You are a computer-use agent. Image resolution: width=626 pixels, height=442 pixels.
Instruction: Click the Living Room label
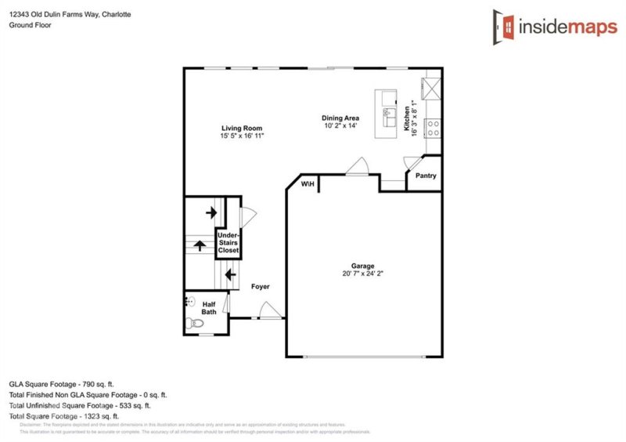point(241,128)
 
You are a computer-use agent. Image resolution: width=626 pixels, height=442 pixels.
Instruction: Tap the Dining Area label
point(341,118)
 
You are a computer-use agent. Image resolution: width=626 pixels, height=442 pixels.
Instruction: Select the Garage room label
point(362,266)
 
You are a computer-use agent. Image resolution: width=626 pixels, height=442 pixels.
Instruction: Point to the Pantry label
point(426,176)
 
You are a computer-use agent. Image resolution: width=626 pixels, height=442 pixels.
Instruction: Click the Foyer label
point(261,287)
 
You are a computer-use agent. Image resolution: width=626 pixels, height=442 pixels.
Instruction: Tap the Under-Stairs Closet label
point(228,242)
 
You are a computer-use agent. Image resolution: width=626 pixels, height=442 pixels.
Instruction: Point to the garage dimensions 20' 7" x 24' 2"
point(362,274)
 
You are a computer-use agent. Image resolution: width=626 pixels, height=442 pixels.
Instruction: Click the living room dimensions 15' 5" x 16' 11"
point(241,136)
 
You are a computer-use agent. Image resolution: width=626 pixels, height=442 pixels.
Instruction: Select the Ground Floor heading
point(30,25)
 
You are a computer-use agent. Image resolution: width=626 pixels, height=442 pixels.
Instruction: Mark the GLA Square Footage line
point(61,384)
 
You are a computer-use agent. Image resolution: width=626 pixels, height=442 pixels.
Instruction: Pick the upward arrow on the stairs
point(200,245)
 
